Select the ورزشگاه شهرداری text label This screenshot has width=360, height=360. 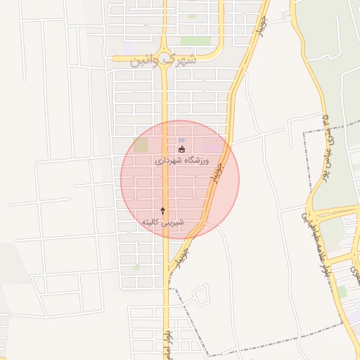coord(181,161)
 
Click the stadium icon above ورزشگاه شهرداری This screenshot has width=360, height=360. coord(181,149)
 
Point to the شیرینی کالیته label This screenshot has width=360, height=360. coord(163,221)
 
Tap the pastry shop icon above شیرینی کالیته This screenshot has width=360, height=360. coord(163,210)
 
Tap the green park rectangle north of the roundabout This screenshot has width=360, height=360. coord(195,41)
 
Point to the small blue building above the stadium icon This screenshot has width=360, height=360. coord(181,140)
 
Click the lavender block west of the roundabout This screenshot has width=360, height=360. coord(128,46)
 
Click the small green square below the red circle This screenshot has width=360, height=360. coord(136,267)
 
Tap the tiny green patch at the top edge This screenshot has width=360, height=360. coord(191,15)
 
